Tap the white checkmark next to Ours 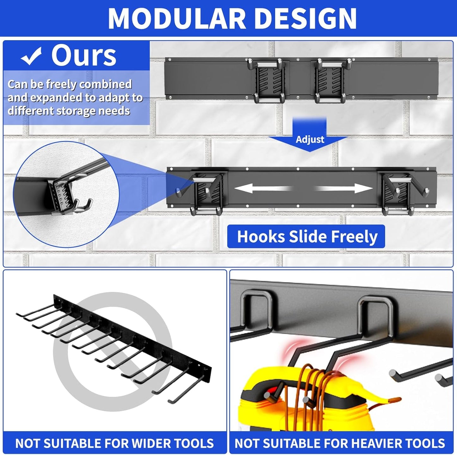coord(31,56)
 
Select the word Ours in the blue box coord(84,56)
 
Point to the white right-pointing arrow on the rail coord(345,189)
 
